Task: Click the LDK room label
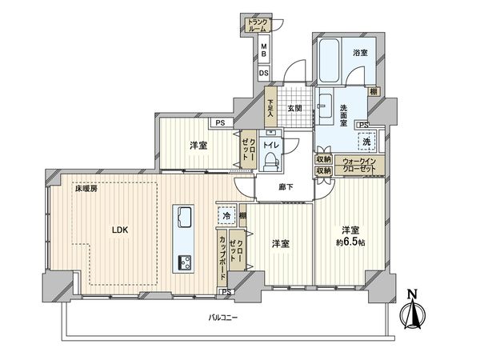tap(119, 231)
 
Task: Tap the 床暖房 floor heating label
tap(87, 189)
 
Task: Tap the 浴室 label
tap(360, 53)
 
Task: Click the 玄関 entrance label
tap(294, 109)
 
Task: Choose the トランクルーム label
tap(257, 25)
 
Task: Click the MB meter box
tap(263, 50)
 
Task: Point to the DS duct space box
tap(263, 72)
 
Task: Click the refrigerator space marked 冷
tap(226, 216)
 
